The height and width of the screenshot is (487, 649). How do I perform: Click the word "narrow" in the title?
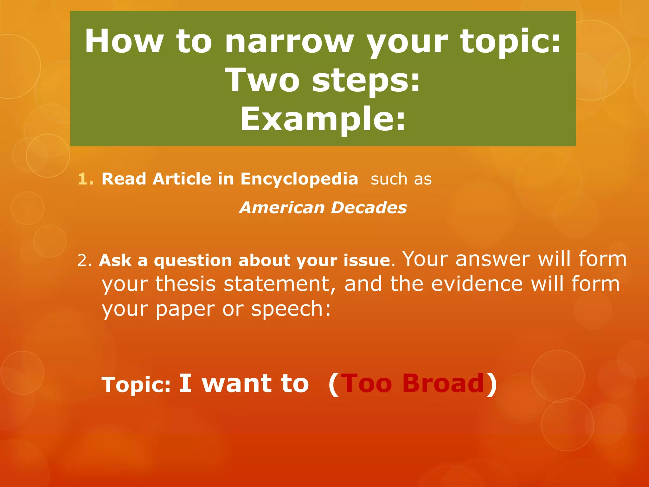pos(289,42)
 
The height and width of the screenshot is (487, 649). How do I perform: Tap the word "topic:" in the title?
pos(511,42)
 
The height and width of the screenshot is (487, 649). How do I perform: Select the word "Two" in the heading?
pos(262,81)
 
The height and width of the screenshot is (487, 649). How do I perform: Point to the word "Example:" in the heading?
pos(323,119)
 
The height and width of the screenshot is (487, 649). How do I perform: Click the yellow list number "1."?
pos(86,179)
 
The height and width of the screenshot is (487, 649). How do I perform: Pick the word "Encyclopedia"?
pos(299,179)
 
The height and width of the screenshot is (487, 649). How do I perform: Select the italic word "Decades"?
pos(369,208)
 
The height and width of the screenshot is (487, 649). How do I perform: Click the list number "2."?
pos(85,261)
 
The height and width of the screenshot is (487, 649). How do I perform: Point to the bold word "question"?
pos(193,261)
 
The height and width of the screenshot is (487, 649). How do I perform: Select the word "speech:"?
pos(291,309)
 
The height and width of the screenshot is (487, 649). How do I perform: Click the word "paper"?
pos(185,309)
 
